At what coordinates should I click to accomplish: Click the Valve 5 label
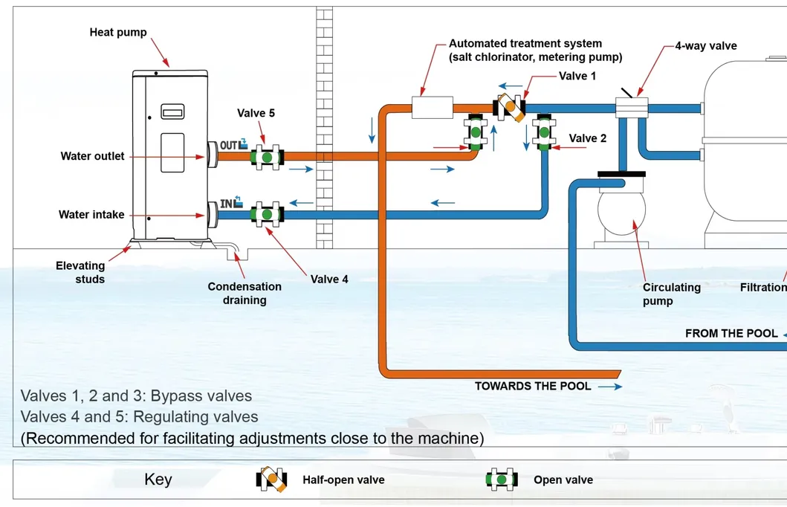[x=256, y=113]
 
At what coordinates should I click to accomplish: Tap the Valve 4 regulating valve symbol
[x=266, y=214]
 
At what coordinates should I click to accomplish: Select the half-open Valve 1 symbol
[x=511, y=107]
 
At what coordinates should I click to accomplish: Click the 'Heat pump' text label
[x=118, y=32]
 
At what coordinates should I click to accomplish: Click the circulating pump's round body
[x=622, y=207]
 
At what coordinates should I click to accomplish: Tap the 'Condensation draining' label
[x=244, y=293]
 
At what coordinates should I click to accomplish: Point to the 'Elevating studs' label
[x=80, y=272]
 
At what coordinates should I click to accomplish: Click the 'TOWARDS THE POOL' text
[x=533, y=386]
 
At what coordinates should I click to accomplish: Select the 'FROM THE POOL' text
[x=731, y=334]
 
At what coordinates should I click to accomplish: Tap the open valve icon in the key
[x=502, y=479]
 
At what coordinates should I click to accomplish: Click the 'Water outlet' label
[x=93, y=156]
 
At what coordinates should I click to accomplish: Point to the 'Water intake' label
[x=91, y=215]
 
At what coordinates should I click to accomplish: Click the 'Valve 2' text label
[x=588, y=138]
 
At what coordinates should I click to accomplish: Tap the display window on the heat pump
[x=172, y=113]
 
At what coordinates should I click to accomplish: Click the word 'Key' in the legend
[x=158, y=479]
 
